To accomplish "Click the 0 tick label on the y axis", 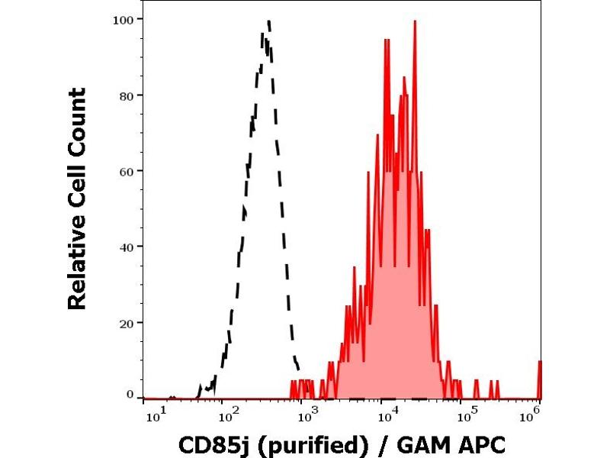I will tap(130, 394).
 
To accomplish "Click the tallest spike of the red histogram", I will tap(415, 21).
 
